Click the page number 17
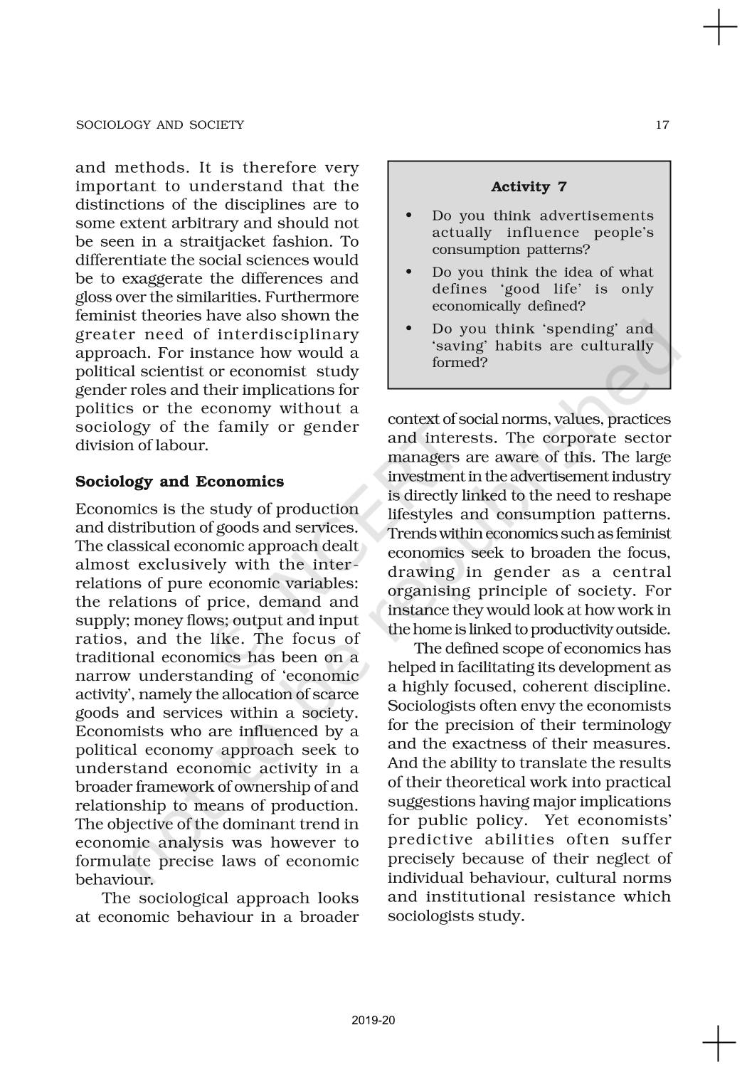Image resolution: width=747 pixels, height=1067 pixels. [662, 125]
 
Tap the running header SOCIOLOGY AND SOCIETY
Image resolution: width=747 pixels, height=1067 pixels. [159, 125]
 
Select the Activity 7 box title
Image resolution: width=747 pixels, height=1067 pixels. [529, 187]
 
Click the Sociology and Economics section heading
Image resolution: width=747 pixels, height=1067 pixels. [179, 482]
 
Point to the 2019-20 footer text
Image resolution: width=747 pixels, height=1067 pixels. [373, 1021]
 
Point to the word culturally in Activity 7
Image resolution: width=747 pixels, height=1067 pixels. [618, 346]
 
